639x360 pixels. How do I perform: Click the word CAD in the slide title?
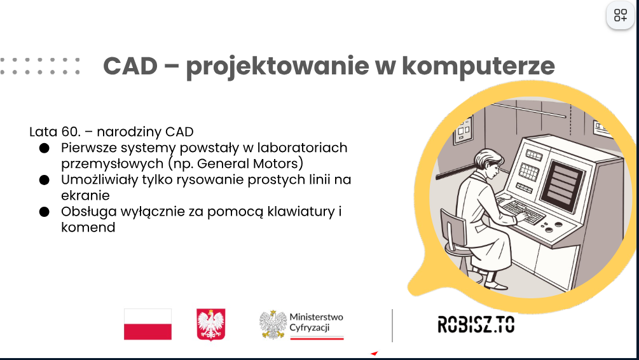[x=130, y=66]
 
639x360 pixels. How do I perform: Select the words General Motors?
[x=251, y=163]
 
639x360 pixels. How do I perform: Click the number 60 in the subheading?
[x=71, y=132]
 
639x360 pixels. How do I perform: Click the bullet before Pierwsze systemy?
[x=45, y=148]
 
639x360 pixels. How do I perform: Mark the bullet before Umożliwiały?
[x=45, y=180]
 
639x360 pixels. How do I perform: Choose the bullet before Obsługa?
[x=45, y=212]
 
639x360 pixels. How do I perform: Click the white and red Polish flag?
[x=148, y=324]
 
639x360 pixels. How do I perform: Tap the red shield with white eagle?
[x=211, y=324]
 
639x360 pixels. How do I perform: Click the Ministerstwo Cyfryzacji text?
[x=316, y=322]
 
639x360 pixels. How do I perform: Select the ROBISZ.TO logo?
[x=476, y=324]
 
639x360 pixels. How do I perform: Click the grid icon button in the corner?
[x=621, y=15]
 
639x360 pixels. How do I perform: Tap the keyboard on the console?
[x=522, y=212]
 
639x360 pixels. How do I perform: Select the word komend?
[x=88, y=228]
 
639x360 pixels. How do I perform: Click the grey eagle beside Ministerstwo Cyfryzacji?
[x=273, y=324]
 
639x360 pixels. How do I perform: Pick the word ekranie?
[x=85, y=196]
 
